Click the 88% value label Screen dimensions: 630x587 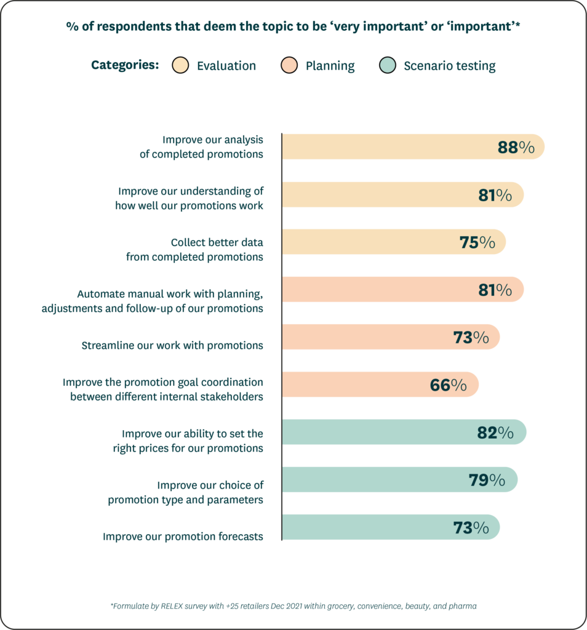point(516,147)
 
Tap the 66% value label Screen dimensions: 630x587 point(448,385)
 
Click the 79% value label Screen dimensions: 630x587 point(487,480)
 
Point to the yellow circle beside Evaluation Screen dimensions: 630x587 point(180,65)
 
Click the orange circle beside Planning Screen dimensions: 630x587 point(289,65)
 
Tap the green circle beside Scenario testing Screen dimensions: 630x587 point(387,65)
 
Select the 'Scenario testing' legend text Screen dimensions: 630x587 point(449,66)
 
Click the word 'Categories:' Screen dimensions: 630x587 point(125,65)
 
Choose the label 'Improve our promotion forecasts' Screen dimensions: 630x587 point(183,536)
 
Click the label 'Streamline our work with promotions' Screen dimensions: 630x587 point(172,345)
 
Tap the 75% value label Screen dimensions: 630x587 point(477,242)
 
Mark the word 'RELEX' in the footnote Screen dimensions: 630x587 point(170,606)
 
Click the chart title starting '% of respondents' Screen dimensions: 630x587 point(293,27)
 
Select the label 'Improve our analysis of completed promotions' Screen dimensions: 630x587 point(201,147)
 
